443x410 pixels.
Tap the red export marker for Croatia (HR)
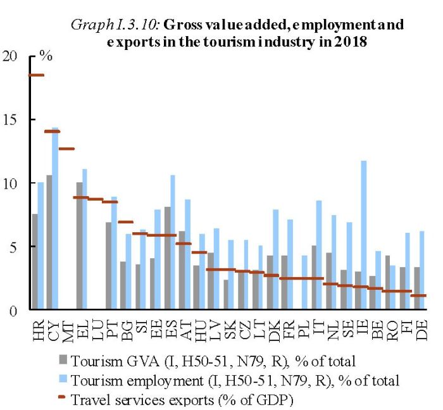[x=37, y=75]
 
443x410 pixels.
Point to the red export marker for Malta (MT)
[x=66, y=149]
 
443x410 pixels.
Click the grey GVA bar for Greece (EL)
[x=80, y=246]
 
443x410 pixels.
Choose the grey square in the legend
[x=61, y=362]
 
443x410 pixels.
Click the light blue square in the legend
[x=61, y=381]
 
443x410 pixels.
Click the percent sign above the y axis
[x=45, y=55]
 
